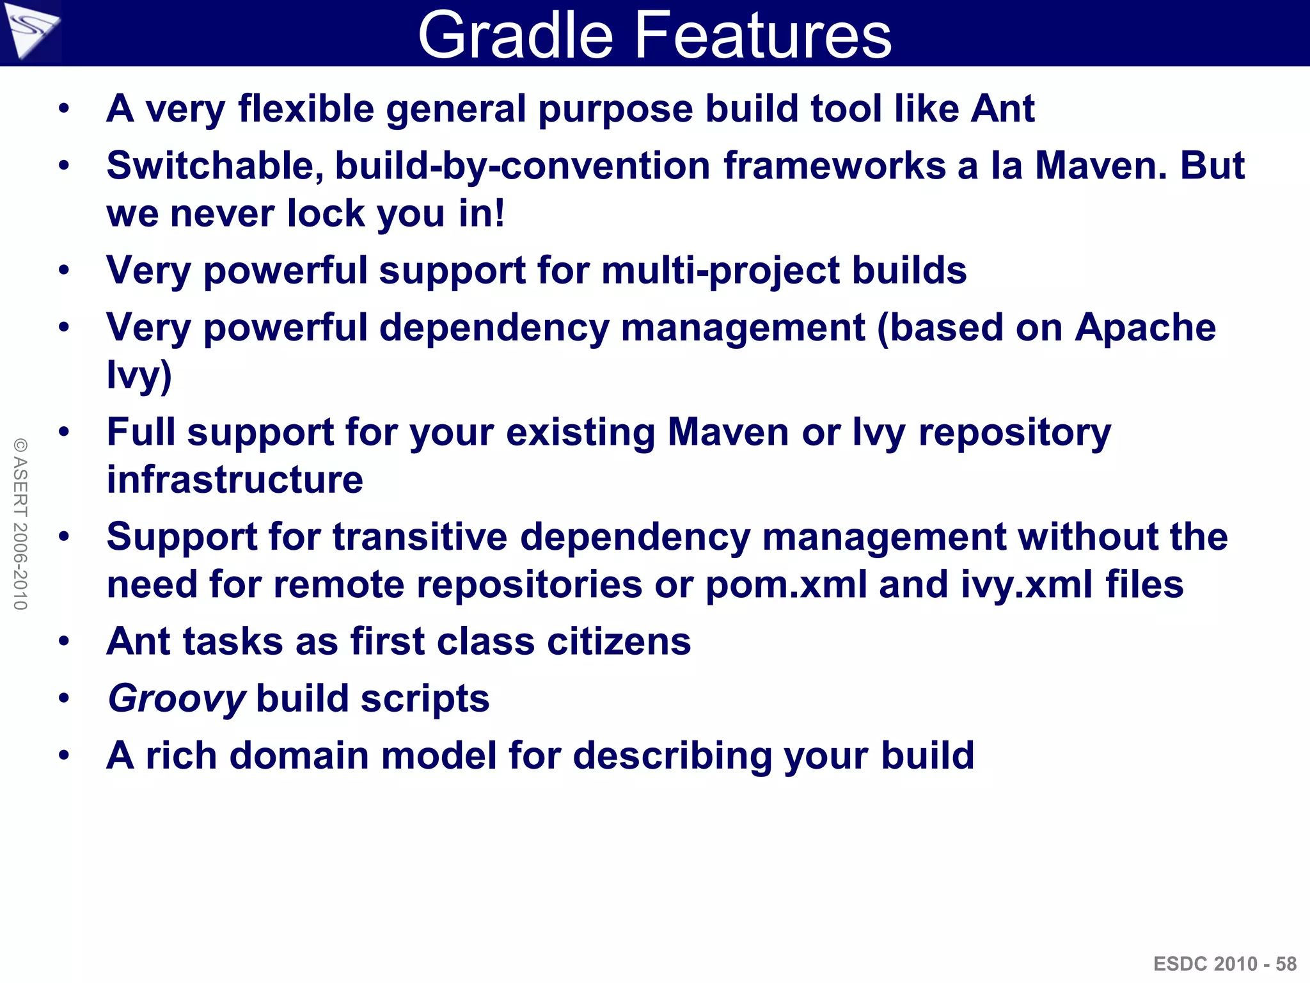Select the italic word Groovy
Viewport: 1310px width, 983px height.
[x=177, y=698]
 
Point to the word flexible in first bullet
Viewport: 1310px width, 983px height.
[x=306, y=108]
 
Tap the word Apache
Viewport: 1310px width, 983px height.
[x=1145, y=328]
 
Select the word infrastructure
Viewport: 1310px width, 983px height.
[x=235, y=480]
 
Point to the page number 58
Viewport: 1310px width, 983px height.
[x=1286, y=964]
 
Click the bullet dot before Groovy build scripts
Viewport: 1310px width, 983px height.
[x=63, y=699]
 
